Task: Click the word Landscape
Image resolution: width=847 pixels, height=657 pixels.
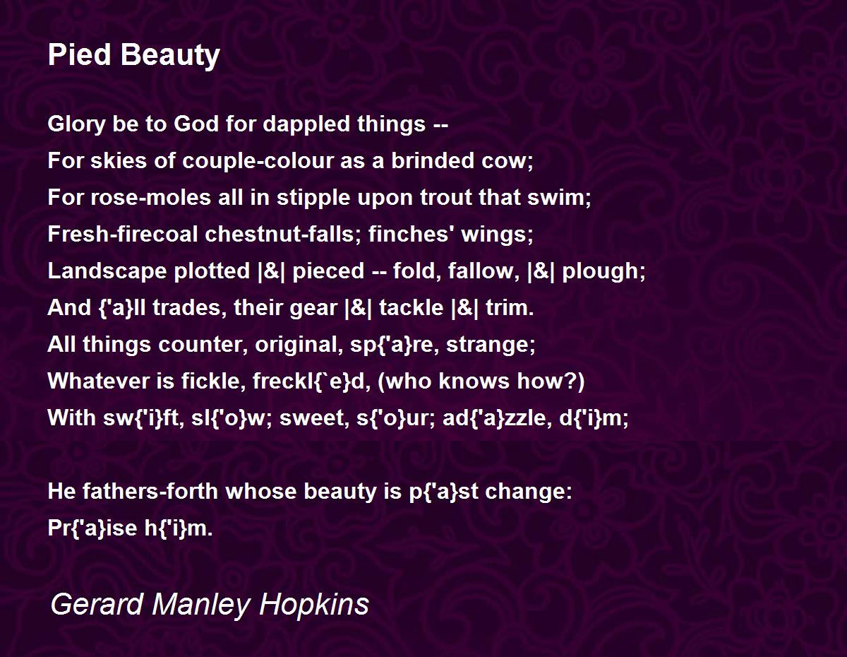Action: coord(107,271)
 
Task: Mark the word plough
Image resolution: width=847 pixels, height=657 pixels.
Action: coord(603,271)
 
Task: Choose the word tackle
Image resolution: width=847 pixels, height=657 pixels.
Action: coord(412,308)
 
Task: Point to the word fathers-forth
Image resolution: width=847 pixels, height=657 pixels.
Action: coord(150,491)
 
